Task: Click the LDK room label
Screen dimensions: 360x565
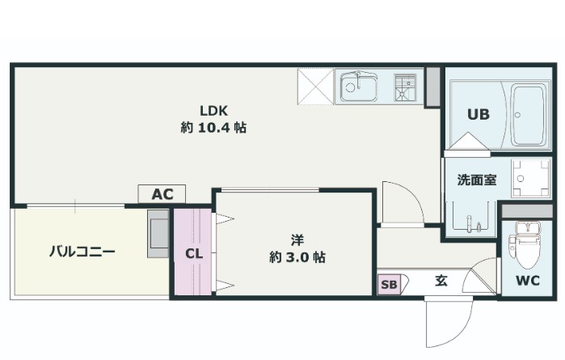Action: pos(214,110)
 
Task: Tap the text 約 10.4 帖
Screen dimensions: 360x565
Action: pos(214,127)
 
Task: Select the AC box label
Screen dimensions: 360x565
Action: pos(162,194)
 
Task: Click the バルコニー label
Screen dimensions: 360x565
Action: pos(82,252)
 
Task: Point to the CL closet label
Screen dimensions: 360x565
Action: pos(192,253)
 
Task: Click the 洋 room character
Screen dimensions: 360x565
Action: pos(297,239)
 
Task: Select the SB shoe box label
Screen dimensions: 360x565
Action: pos(389,284)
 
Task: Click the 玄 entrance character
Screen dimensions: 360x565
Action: pos(441,282)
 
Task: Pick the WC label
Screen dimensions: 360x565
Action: pos(527,282)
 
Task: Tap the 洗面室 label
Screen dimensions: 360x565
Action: pos(476,180)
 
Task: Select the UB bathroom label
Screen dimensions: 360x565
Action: pos(477,114)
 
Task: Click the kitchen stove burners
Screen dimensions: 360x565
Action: pos(404,85)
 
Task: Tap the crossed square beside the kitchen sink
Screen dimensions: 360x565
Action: pos(315,85)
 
